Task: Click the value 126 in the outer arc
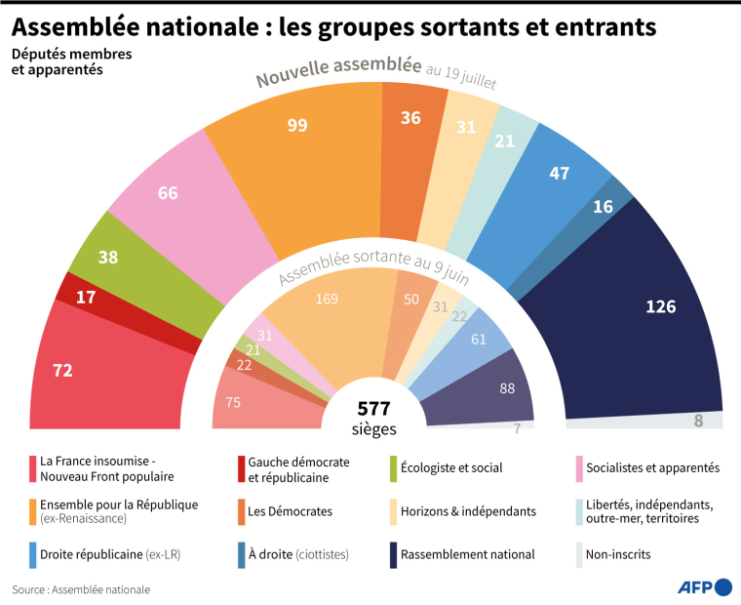[x=660, y=306]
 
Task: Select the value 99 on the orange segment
[x=298, y=125]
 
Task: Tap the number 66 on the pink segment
[x=168, y=192]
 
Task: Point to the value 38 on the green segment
[x=108, y=258]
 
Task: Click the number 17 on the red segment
[x=86, y=298]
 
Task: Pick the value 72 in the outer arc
[x=62, y=370]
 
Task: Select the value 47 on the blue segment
[x=560, y=173]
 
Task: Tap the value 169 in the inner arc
[x=327, y=298]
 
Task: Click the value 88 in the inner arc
[x=507, y=387]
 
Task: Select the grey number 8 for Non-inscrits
[x=698, y=421]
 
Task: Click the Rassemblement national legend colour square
[x=395, y=553]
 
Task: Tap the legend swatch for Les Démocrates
[x=241, y=510]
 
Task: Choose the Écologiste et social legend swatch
[x=395, y=467]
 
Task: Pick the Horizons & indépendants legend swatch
[x=395, y=510]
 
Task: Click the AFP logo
[x=703, y=586]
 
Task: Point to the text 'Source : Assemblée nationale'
[x=81, y=589]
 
